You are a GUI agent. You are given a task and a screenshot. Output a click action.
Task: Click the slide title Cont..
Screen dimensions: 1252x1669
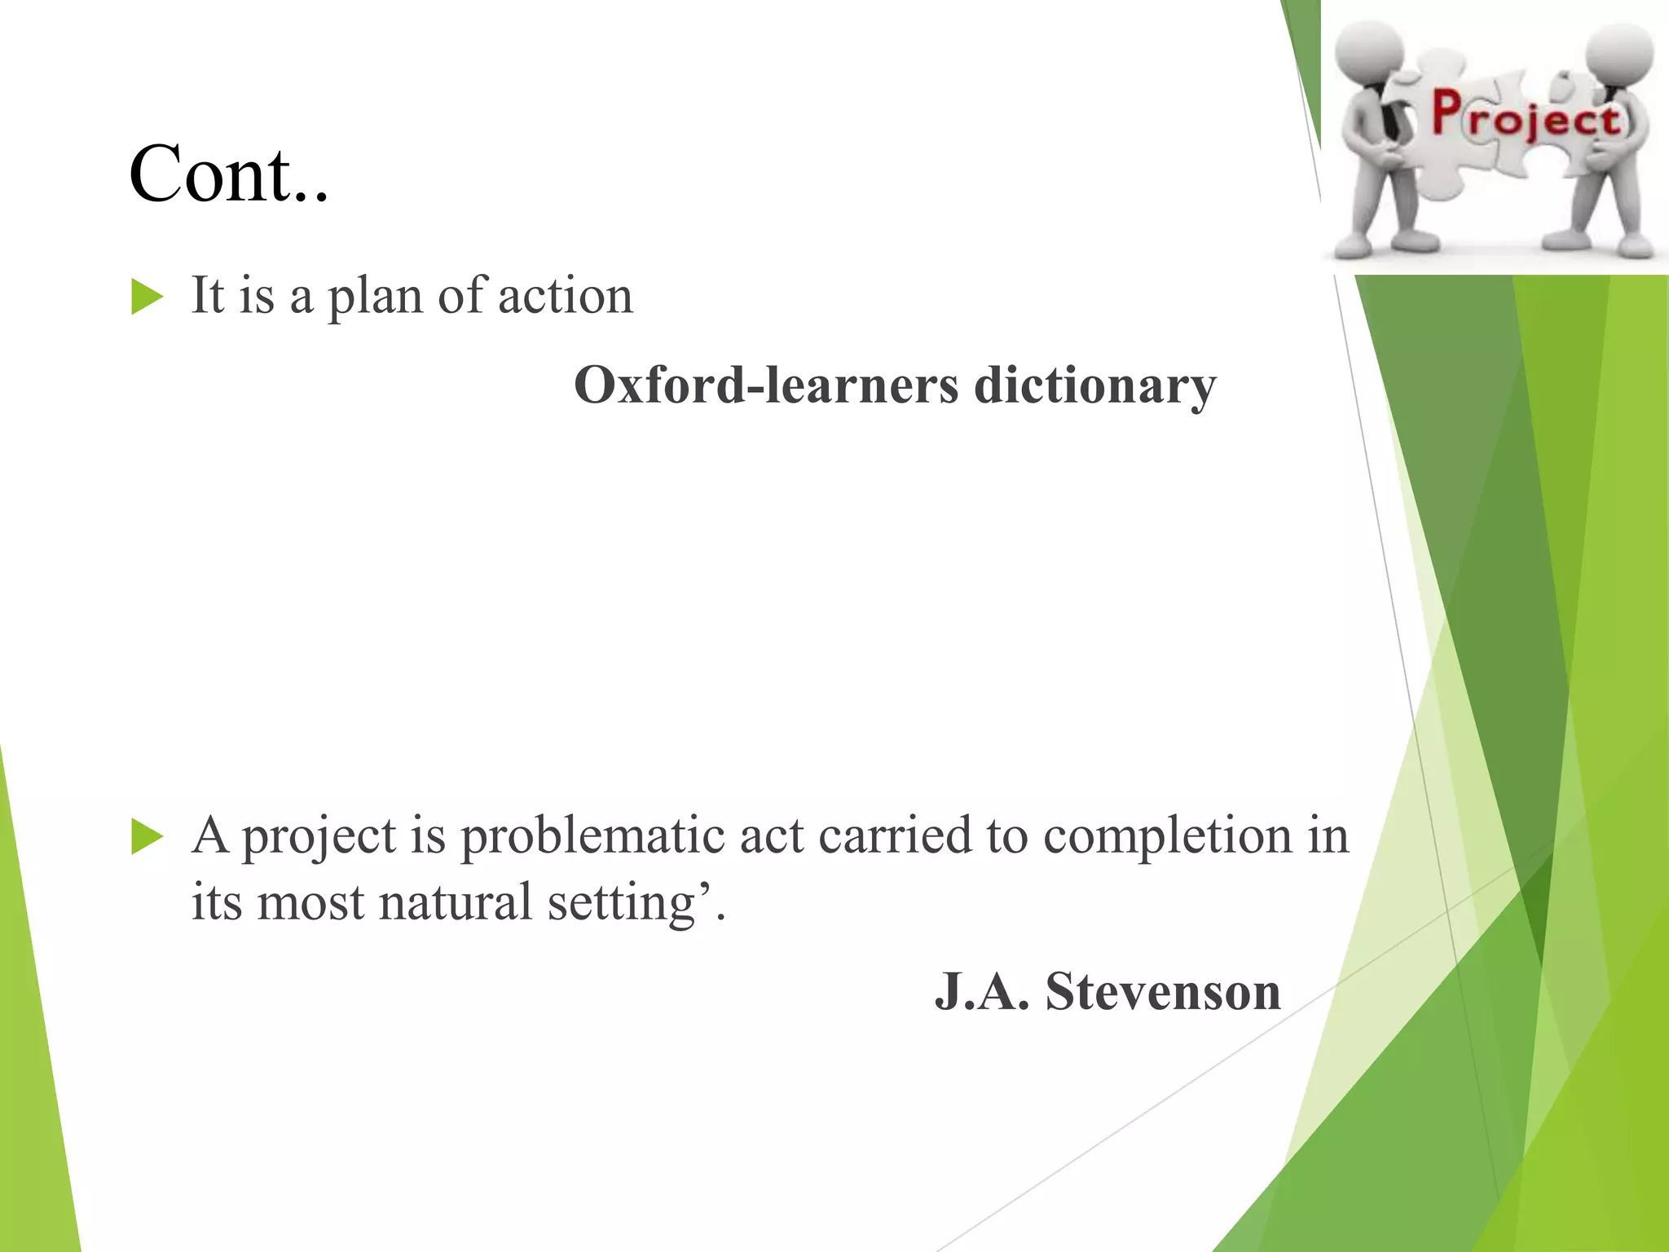(x=228, y=174)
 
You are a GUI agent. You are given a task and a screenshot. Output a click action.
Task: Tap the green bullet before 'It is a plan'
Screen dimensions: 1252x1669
(x=147, y=298)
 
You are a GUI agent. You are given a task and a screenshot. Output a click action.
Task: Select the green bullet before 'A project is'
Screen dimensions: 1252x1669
(x=147, y=838)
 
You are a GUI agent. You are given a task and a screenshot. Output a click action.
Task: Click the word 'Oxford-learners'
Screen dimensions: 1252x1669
(x=766, y=385)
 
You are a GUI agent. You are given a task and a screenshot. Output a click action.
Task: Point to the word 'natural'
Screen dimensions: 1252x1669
(x=455, y=902)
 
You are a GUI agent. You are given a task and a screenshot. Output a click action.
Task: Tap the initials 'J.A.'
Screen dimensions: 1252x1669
(x=982, y=992)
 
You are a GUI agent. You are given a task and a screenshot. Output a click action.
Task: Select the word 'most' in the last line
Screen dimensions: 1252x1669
(x=310, y=903)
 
